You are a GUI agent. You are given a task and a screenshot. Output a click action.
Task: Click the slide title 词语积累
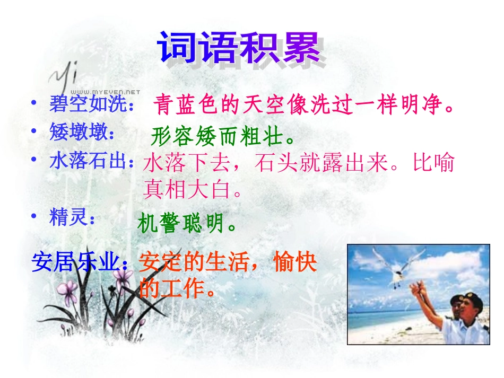[240, 49]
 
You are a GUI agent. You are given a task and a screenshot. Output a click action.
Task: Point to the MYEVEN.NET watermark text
[105, 91]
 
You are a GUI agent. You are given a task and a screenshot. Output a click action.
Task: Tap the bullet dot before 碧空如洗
[34, 104]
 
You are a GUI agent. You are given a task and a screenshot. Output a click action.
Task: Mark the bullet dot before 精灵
[34, 216]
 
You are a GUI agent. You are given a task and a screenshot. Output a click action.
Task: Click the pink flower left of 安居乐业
[67, 289]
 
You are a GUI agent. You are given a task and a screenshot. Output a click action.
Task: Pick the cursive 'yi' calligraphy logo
[66, 78]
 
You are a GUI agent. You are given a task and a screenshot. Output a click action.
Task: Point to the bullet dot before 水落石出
[34, 160]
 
